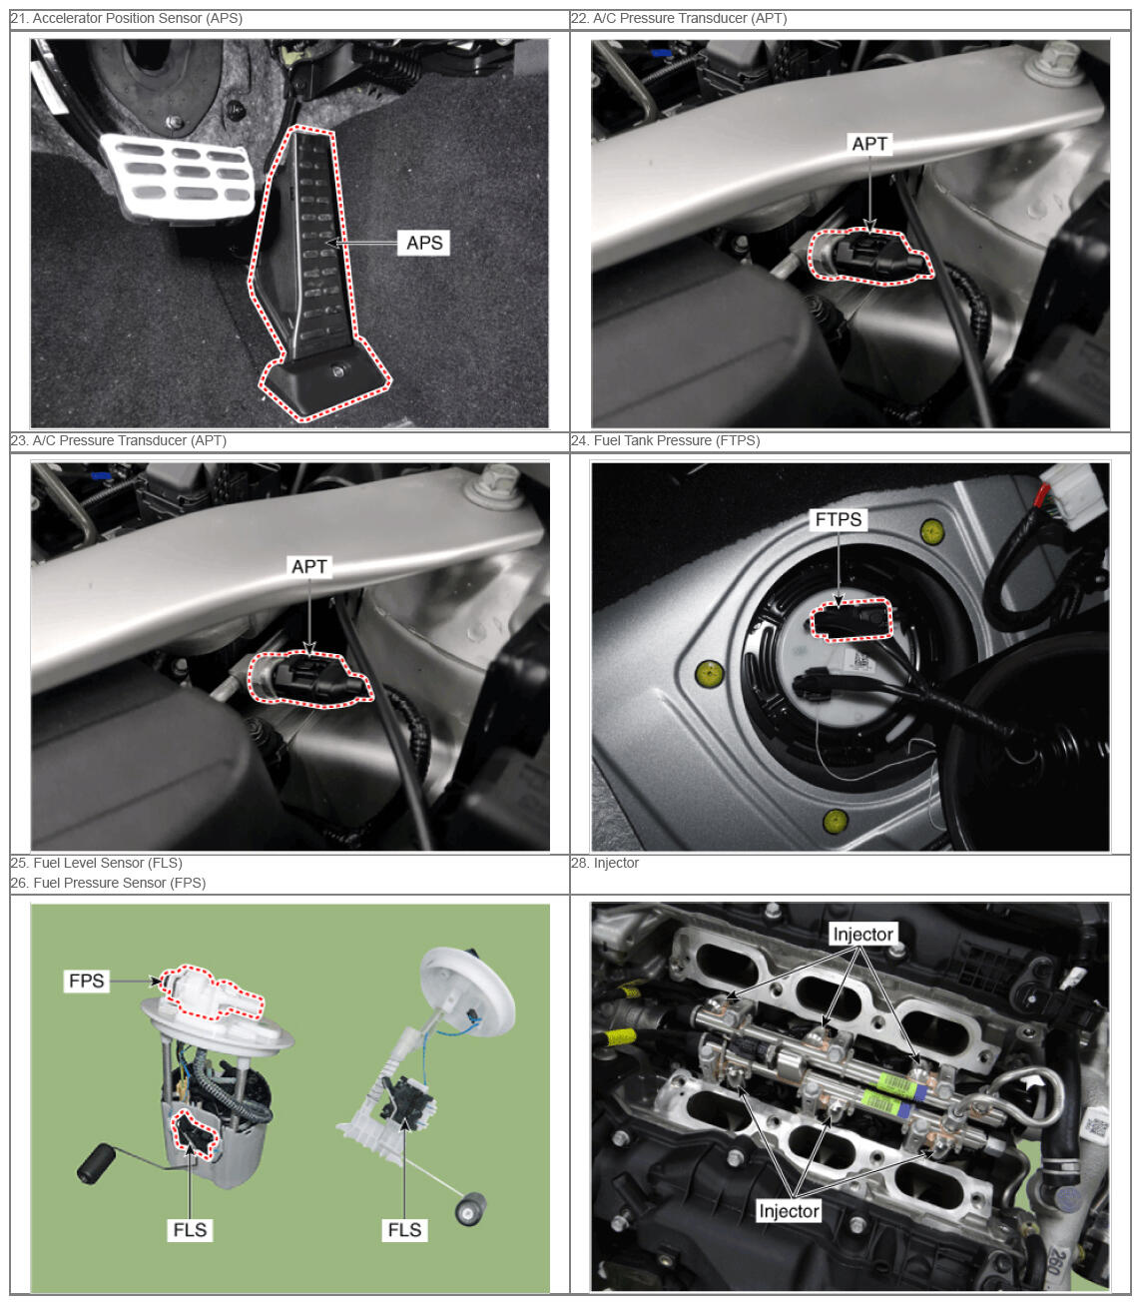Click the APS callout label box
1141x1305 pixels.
click(423, 243)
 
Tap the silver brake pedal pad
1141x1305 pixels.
click(178, 176)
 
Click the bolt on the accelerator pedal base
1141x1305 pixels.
click(337, 370)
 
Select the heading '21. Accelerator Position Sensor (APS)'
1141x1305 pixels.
click(126, 19)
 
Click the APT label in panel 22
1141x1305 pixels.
click(869, 144)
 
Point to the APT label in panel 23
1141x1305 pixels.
click(309, 566)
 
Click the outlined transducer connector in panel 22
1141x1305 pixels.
click(870, 257)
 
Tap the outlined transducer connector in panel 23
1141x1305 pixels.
click(310, 679)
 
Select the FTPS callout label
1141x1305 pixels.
click(839, 520)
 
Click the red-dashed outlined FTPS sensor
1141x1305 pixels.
click(851, 619)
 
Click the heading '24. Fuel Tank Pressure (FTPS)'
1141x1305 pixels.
click(666, 440)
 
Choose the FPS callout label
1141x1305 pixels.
click(86, 980)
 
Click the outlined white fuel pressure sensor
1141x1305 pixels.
click(211, 991)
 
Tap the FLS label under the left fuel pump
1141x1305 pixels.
click(190, 1230)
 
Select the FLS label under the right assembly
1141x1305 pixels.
click(404, 1230)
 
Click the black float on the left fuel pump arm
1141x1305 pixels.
click(96, 1164)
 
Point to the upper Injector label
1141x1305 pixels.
click(863, 935)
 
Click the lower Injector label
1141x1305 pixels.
click(789, 1211)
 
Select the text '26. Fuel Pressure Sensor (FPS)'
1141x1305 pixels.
click(109, 883)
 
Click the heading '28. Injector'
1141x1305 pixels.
click(605, 863)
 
